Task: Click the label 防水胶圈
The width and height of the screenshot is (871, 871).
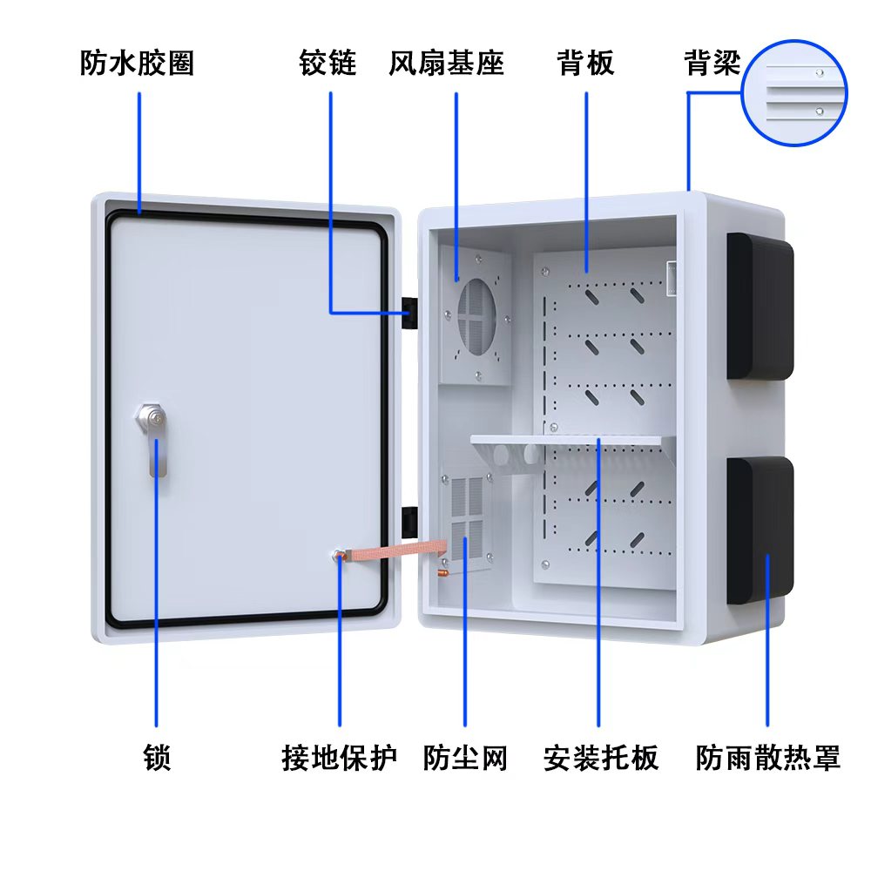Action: pyautogui.click(x=137, y=64)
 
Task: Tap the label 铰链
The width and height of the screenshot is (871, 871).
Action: pyautogui.click(x=328, y=64)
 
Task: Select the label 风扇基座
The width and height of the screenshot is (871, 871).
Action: pyautogui.click(x=446, y=64)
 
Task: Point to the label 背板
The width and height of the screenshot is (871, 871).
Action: pyautogui.click(x=585, y=64)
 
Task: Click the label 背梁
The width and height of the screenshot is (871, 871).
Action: pyautogui.click(x=712, y=64)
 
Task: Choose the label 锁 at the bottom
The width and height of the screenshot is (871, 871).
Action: pyautogui.click(x=157, y=757)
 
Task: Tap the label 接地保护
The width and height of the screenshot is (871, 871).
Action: pyautogui.click(x=339, y=757)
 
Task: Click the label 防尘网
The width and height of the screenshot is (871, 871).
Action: pyautogui.click(x=464, y=757)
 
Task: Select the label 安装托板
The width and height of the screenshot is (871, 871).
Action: pyautogui.click(x=600, y=757)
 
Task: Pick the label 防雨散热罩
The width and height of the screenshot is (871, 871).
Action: pyautogui.click(x=768, y=757)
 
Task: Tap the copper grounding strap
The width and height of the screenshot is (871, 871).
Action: pyautogui.click(x=396, y=551)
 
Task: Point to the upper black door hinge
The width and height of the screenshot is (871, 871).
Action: pyautogui.click(x=407, y=312)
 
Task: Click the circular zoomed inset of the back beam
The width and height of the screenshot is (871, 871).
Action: pyautogui.click(x=793, y=91)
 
